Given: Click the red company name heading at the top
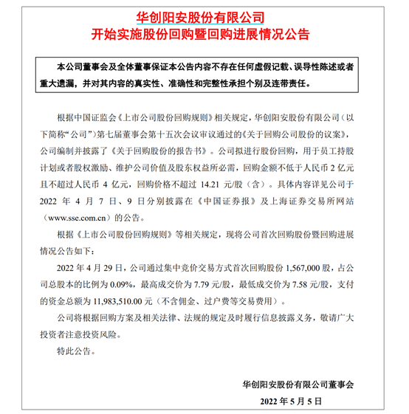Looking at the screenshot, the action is click(205, 16).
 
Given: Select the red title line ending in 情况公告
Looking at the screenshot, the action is click(205, 35).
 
